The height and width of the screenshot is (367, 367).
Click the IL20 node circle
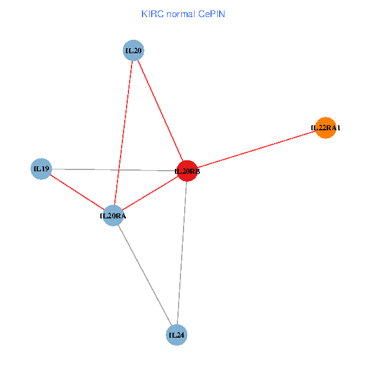(133, 51)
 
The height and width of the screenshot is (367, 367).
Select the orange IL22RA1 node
(325, 128)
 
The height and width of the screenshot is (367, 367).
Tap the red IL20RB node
(187, 171)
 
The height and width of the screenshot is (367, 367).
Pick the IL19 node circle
(41, 168)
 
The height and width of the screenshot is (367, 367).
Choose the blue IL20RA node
(113, 215)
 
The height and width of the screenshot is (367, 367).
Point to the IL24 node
(176, 335)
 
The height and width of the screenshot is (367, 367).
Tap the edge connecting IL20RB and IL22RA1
(257, 149)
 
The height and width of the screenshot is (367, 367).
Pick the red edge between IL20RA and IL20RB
(150, 193)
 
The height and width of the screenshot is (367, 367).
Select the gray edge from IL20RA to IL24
(144, 275)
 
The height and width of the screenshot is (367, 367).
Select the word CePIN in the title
(211, 13)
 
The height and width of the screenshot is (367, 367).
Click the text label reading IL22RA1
(325, 128)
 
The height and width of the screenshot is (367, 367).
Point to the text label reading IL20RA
(113, 215)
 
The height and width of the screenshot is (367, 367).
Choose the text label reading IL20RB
(187, 171)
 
